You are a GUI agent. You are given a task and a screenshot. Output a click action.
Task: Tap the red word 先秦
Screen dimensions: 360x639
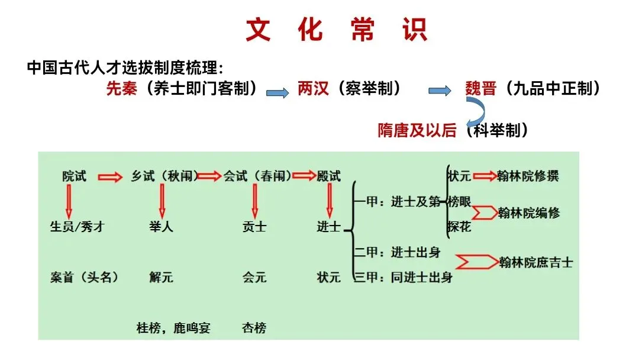[x=122, y=89]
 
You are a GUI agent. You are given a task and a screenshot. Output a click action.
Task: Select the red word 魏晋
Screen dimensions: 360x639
[x=480, y=89]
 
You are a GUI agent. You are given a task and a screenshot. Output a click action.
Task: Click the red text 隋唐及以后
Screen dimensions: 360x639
[x=417, y=130]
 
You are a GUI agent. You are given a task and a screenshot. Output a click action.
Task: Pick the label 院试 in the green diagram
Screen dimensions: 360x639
[x=74, y=176]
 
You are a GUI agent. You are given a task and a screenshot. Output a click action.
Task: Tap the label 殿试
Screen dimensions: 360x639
[x=329, y=176]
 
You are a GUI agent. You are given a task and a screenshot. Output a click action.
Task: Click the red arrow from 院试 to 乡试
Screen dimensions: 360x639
[x=109, y=176]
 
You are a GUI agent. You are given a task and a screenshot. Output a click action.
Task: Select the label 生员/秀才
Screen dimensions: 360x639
[x=77, y=227]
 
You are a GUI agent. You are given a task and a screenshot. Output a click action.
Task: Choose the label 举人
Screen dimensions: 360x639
[x=162, y=227]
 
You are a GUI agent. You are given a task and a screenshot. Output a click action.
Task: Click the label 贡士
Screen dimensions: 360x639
[x=254, y=227]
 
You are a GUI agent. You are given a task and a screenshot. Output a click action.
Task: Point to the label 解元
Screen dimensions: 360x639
[x=162, y=277]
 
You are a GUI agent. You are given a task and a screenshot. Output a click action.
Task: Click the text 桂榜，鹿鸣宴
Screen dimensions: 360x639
[x=173, y=327]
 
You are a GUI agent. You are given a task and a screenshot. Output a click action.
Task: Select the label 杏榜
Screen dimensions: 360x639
[x=254, y=327]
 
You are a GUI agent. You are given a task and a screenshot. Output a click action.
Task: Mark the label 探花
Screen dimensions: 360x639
[x=459, y=227]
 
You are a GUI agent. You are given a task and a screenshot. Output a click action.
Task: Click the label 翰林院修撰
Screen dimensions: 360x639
[x=528, y=176]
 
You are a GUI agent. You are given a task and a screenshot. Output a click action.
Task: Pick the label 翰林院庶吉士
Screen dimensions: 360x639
[x=535, y=262]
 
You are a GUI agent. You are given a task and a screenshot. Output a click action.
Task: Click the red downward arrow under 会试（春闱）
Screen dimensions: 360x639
[x=255, y=201]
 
